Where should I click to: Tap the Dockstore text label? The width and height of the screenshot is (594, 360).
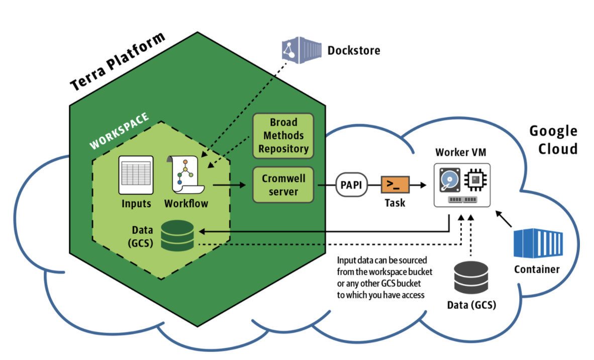click(x=353, y=50)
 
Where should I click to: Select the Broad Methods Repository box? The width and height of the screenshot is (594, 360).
click(x=283, y=135)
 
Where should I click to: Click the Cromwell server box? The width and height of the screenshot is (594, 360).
click(x=283, y=185)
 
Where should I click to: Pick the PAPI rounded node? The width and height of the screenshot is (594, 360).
click(x=351, y=185)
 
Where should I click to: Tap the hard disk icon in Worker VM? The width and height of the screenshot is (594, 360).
click(x=449, y=181)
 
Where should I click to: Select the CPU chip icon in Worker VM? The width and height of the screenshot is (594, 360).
click(x=475, y=180)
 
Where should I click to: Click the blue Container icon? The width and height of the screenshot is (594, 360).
click(x=536, y=243)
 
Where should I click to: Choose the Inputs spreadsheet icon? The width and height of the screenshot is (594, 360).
click(x=136, y=174)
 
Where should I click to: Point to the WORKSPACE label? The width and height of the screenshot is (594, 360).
click(x=119, y=131)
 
